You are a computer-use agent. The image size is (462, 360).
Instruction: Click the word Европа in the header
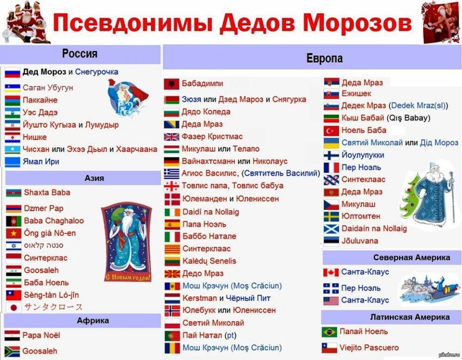pos(324,58)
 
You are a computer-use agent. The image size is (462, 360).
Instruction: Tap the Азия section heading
pos(95,178)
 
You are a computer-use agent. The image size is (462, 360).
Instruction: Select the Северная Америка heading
pos(412,257)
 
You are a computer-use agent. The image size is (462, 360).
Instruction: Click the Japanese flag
pos(13,308)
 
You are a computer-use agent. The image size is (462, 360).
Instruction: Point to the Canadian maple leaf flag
pos(331,272)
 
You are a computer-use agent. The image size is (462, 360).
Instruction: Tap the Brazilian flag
pos(330,332)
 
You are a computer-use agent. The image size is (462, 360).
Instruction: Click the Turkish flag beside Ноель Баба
pos(331,131)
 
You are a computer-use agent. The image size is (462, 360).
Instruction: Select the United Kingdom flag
pos(171,137)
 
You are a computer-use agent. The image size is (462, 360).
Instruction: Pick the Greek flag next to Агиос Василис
pos(171,174)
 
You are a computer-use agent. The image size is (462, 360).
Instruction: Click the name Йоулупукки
pos(363,155)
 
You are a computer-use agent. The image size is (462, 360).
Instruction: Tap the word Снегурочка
pos(96,72)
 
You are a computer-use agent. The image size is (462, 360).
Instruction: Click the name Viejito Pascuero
pos(369,348)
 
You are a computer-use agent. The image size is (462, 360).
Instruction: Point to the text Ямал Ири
pos(41,162)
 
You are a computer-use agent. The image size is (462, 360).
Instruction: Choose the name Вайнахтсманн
pos(208,161)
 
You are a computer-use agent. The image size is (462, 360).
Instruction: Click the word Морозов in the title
pos(357,23)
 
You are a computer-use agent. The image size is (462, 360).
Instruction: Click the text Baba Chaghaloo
pos(54,220)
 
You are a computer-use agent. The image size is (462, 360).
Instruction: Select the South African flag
pos(12,351)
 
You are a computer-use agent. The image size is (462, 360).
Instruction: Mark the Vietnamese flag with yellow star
pos(13,233)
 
